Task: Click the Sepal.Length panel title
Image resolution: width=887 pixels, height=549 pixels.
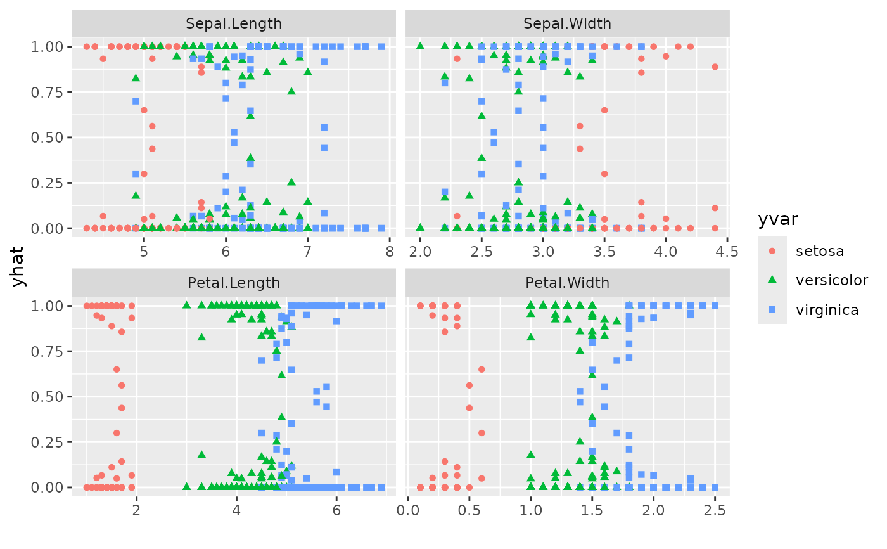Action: click(234, 24)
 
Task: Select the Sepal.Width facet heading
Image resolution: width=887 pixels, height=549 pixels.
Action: click(567, 24)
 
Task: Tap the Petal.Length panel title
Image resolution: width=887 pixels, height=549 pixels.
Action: click(234, 283)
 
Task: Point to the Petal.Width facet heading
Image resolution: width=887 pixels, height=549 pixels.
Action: click(567, 283)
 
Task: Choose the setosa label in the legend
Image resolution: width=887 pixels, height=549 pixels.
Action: click(820, 250)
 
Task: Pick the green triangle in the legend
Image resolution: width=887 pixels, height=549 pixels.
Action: click(772, 280)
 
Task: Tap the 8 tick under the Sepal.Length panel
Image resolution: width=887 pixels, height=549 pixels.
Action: click(389, 252)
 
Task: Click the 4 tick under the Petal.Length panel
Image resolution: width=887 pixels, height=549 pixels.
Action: click(236, 510)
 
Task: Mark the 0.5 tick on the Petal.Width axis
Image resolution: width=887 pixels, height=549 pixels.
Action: click(469, 510)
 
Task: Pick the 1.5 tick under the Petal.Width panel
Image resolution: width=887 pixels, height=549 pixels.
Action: click(592, 510)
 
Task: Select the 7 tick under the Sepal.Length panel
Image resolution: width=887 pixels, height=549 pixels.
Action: click(307, 252)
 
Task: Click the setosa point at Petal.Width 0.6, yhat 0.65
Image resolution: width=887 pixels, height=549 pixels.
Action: click(482, 369)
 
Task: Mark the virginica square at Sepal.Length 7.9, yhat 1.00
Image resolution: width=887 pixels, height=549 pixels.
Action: click(381, 46)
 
